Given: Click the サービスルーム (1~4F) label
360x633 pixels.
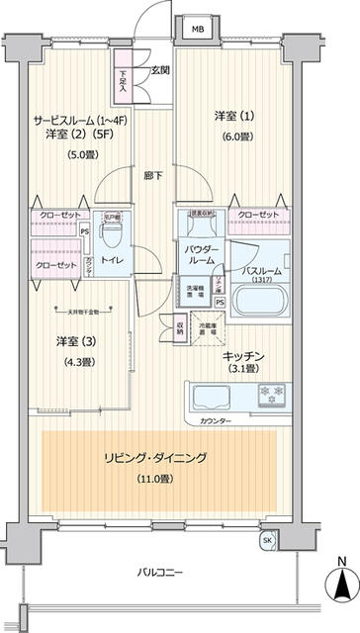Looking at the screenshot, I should tap(76, 120).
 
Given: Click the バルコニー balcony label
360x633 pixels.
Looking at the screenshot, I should tap(160, 572).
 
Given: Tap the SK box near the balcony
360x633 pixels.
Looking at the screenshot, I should tap(267, 540).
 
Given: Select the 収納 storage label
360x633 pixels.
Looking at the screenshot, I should tap(179, 327).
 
